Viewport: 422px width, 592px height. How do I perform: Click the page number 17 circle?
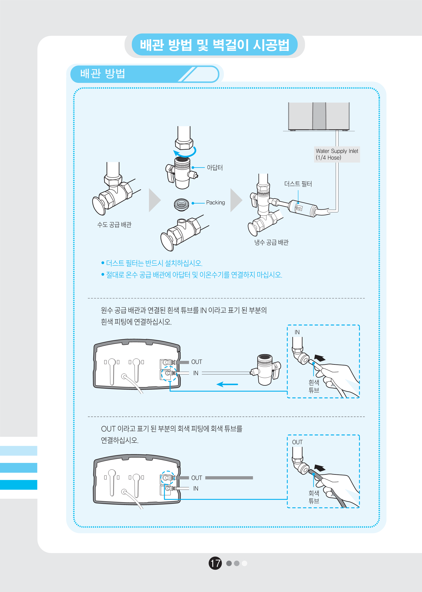pyautogui.click(x=215, y=563)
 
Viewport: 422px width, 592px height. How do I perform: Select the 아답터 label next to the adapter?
pyautogui.click(x=215, y=168)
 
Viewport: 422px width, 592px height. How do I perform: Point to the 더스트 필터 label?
pyautogui.click(x=298, y=184)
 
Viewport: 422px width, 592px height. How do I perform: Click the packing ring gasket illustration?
pyautogui.click(x=181, y=204)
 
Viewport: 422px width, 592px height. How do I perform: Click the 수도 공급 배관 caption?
pyautogui.click(x=114, y=225)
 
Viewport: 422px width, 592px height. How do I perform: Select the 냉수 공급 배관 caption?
pyautogui.click(x=271, y=243)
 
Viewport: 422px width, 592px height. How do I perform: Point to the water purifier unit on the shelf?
pyautogui.click(x=319, y=116)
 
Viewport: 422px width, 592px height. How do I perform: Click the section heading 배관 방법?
pyautogui.click(x=103, y=74)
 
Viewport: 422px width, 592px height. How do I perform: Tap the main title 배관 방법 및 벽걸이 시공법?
pyautogui.click(x=214, y=45)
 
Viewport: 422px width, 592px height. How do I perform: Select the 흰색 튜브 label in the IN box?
pyautogui.click(x=314, y=386)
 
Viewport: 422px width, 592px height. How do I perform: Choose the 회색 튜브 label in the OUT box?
pyautogui.click(x=314, y=497)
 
